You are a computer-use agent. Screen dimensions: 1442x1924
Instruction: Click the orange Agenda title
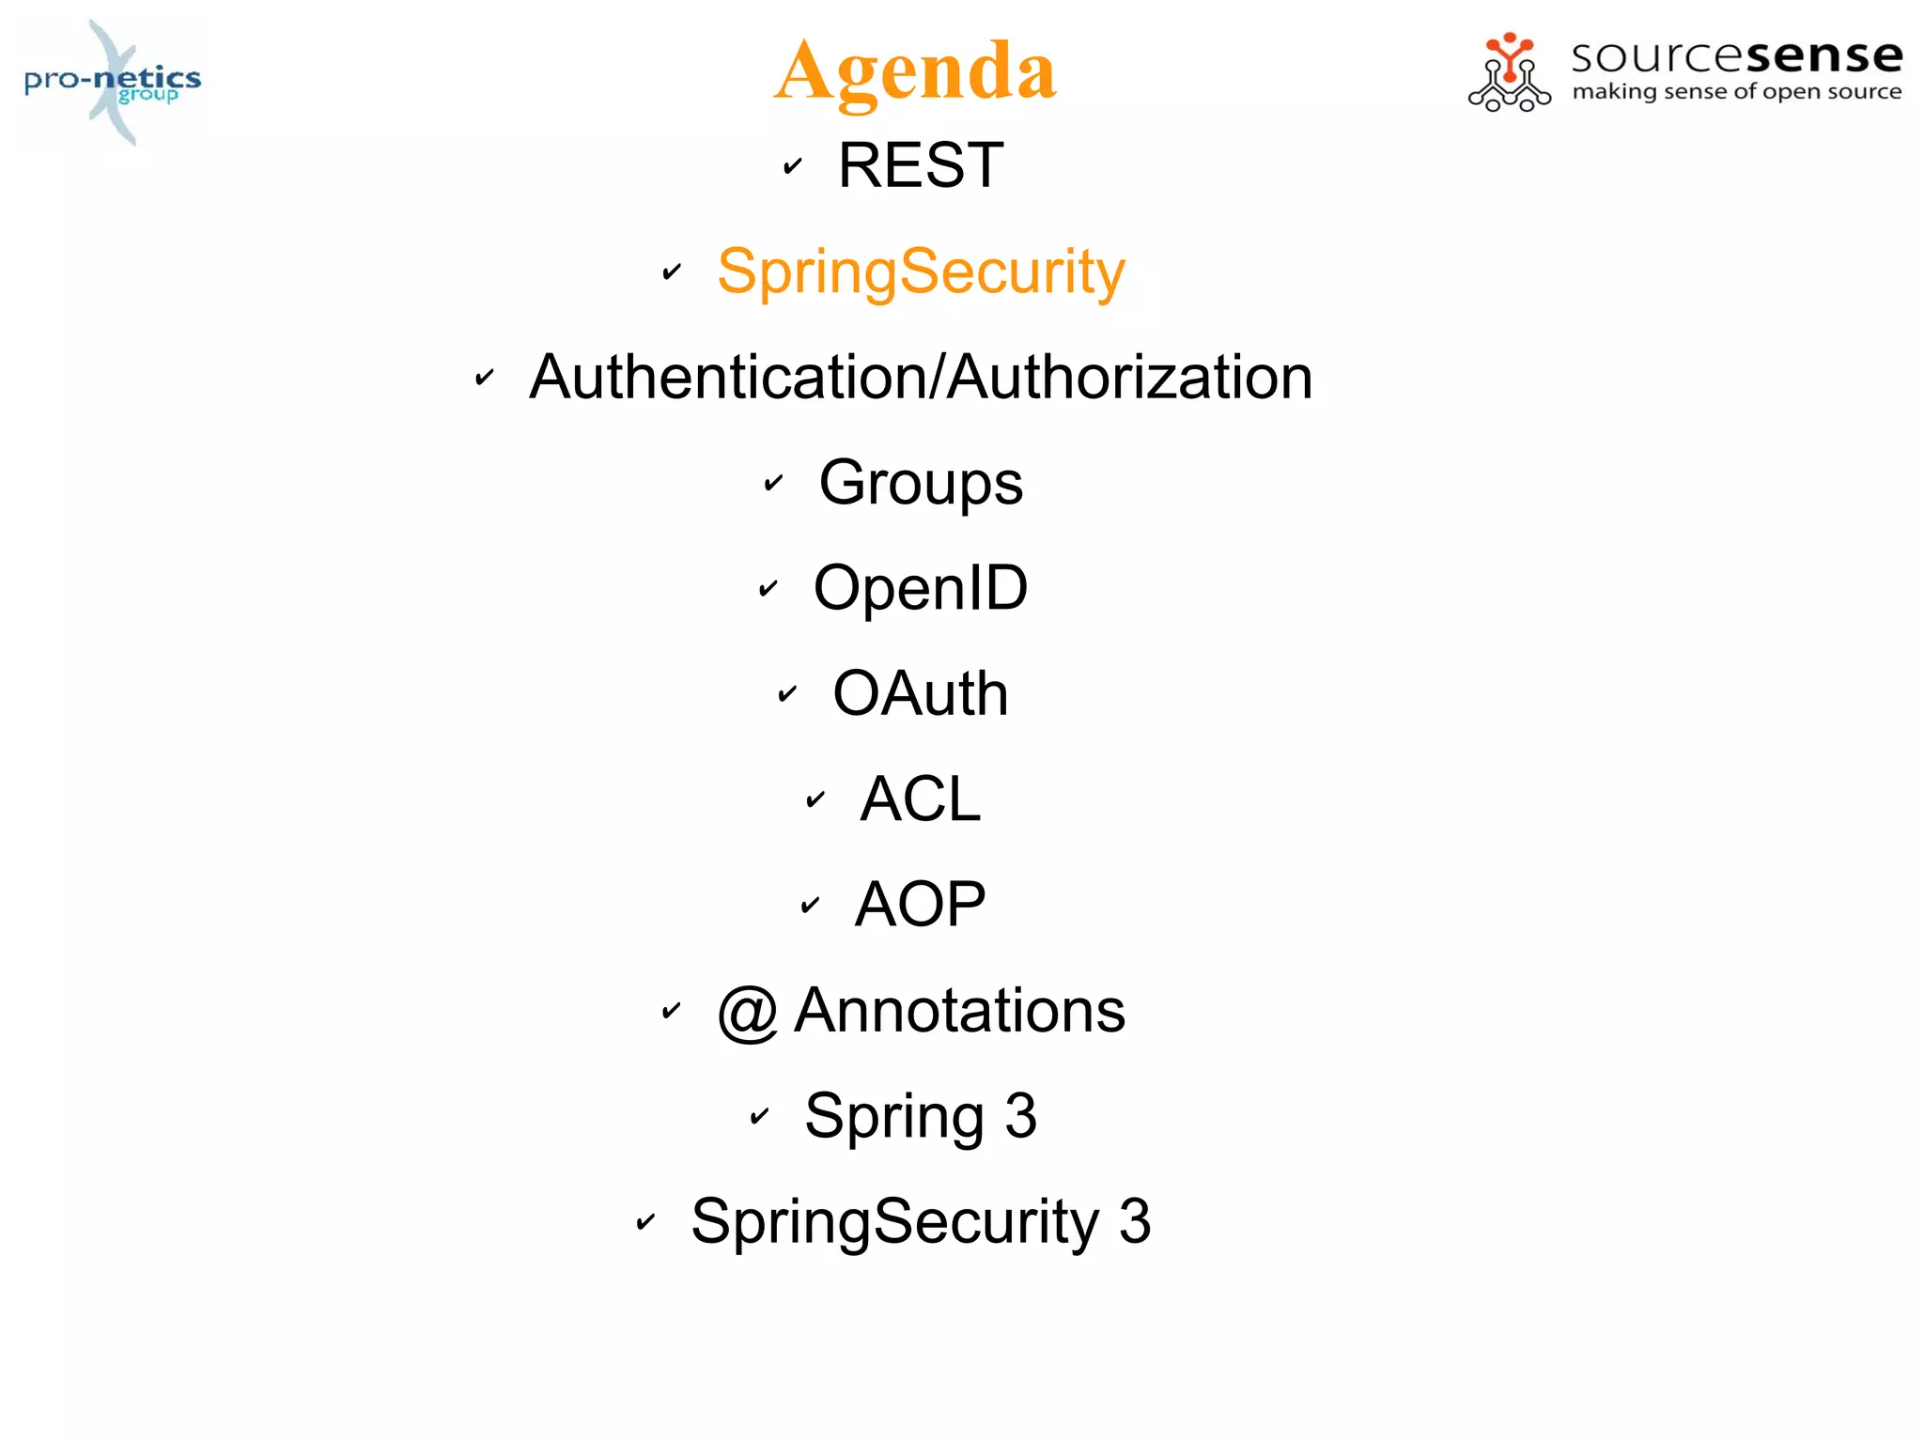(x=916, y=71)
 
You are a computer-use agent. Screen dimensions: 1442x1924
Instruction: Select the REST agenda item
(x=921, y=165)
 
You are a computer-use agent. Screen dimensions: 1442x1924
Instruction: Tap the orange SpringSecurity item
(x=921, y=271)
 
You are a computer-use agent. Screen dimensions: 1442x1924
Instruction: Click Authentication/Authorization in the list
(x=921, y=377)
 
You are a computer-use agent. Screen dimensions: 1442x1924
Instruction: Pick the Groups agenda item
(x=921, y=483)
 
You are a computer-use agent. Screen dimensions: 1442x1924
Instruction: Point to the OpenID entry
(x=921, y=588)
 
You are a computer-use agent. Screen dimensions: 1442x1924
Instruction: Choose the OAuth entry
(x=921, y=693)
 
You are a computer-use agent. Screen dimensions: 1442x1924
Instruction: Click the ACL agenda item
(x=921, y=799)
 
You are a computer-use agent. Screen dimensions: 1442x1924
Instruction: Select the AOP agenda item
(x=921, y=905)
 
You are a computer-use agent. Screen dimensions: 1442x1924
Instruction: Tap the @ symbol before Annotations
(x=748, y=1013)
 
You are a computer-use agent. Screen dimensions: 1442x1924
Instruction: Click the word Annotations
(x=959, y=1011)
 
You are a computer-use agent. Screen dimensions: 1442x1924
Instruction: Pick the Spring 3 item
(x=921, y=1116)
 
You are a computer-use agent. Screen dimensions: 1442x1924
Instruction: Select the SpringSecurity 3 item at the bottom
(x=921, y=1221)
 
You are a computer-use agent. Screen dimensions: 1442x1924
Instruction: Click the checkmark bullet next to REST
(x=793, y=166)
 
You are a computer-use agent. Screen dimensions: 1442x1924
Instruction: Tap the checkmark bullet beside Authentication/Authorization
(x=484, y=378)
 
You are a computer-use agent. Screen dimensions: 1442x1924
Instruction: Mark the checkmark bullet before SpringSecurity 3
(x=645, y=1222)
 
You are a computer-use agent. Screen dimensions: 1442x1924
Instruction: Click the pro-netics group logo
(x=113, y=82)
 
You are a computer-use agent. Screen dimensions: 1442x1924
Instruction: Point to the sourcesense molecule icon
(x=1509, y=72)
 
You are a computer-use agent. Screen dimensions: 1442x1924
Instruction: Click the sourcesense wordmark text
(x=1737, y=56)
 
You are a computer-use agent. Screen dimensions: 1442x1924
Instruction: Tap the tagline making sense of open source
(x=1737, y=92)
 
